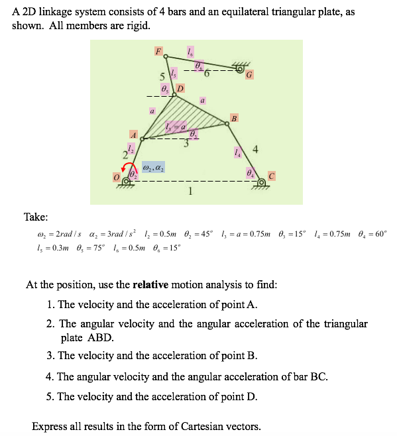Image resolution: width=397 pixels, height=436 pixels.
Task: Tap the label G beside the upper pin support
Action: click(x=248, y=75)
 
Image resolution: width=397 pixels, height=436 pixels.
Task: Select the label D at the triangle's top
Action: click(x=180, y=88)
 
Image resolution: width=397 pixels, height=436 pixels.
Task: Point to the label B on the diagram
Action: click(x=233, y=119)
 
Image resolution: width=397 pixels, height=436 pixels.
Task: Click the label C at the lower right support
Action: click(x=271, y=176)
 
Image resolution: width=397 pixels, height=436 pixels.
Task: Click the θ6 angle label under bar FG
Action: click(x=198, y=66)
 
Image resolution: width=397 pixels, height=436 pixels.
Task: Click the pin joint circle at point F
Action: click(x=166, y=56)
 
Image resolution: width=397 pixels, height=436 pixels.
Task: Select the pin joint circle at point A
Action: click(x=142, y=139)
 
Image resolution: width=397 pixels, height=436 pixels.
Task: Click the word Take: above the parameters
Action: click(x=36, y=217)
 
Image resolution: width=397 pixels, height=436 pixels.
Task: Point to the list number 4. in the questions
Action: click(x=50, y=376)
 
